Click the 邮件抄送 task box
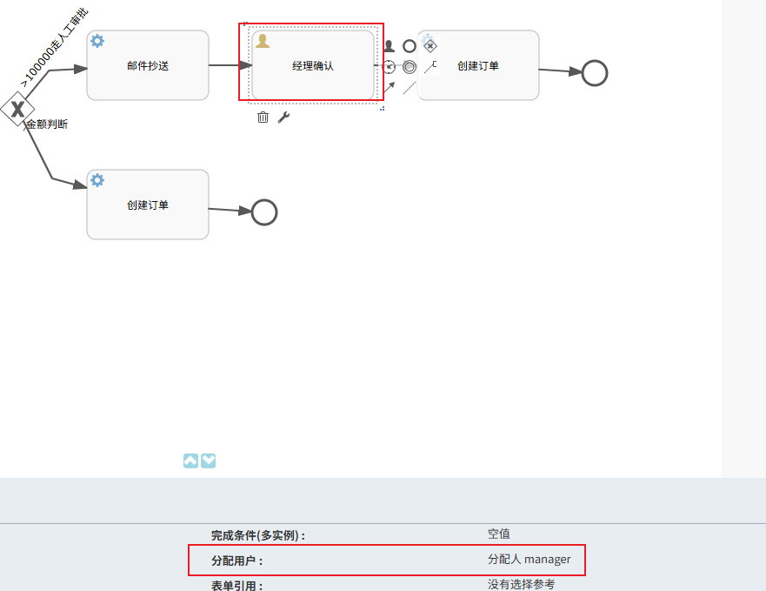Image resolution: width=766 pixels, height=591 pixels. point(148,65)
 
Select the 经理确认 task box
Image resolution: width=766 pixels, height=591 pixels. point(313,65)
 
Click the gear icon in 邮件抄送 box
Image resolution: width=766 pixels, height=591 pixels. point(97,41)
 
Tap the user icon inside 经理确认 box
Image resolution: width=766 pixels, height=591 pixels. point(263,41)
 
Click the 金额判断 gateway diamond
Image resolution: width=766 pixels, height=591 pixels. point(16,109)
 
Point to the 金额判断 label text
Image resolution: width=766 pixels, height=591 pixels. point(47,124)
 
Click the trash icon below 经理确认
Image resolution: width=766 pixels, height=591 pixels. point(263,118)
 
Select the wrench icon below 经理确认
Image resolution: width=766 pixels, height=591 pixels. point(283,118)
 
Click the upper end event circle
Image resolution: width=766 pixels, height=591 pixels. point(594,73)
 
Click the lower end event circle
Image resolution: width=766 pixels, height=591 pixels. point(264,212)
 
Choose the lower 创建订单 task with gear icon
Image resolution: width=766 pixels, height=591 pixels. point(148,205)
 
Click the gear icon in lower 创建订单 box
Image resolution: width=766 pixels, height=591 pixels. point(97,180)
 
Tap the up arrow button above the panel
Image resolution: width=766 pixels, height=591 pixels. point(191,460)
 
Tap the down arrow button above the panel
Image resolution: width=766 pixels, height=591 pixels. point(209,460)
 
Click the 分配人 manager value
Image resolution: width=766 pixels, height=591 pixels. point(530,560)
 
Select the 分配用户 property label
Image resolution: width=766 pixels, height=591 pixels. point(236,561)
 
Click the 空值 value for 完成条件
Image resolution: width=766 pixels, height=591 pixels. point(499,534)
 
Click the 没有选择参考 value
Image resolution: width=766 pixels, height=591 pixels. point(521,584)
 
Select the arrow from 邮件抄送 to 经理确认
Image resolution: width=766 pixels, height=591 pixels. point(230,65)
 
